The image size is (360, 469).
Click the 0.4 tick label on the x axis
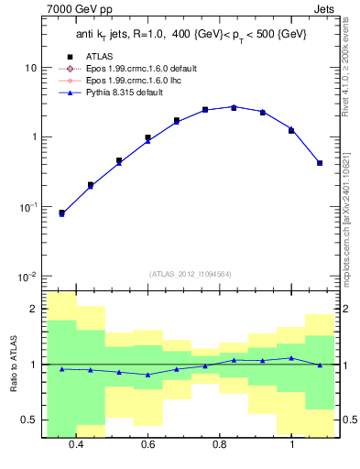pos(76,444)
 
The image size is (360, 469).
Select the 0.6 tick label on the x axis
pos(147,444)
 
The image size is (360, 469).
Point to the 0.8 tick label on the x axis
pos(220,444)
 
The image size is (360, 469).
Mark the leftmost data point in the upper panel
pos(61,213)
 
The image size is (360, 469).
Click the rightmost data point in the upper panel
pos(319,163)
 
